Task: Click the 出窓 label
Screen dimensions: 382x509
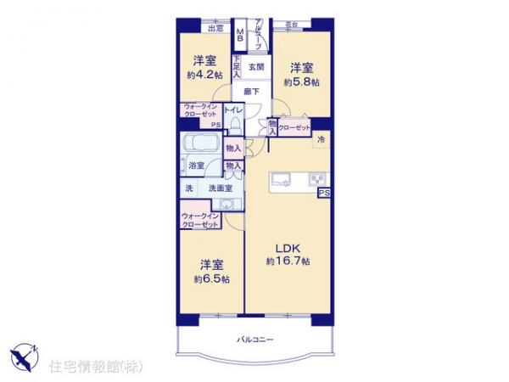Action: (x=215, y=28)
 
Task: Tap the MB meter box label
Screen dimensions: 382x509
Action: (x=240, y=35)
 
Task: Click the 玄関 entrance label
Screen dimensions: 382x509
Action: (x=255, y=66)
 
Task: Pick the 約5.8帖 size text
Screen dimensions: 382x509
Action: (x=301, y=82)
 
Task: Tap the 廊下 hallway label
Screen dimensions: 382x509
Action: (x=252, y=91)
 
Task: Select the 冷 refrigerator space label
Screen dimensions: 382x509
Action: (x=322, y=138)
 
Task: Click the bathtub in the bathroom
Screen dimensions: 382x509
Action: (x=201, y=145)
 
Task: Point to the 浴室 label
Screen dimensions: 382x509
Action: (x=195, y=167)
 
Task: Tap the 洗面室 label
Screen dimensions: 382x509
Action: (x=221, y=188)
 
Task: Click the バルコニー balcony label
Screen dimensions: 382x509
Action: (x=255, y=340)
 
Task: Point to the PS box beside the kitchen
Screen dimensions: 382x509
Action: (x=324, y=194)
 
